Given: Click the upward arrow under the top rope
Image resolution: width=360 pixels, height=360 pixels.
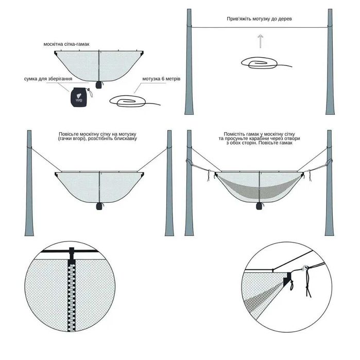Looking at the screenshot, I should (x=261, y=42).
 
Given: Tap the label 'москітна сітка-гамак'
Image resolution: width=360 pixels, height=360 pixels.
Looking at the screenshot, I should (x=67, y=45).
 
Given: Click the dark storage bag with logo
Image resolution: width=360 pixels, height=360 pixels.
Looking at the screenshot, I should (x=79, y=95).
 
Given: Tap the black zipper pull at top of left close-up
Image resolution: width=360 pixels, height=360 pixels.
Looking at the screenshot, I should (x=72, y=253).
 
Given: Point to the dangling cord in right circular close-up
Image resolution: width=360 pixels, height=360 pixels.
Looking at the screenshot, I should (x=309, y=286).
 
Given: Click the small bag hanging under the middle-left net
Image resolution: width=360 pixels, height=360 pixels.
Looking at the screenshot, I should (x=98, y=206).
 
